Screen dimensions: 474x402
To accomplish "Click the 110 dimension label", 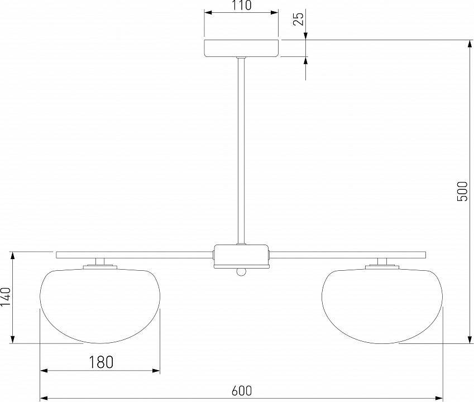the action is pos(242,6).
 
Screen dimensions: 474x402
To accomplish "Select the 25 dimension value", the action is pos(299,19).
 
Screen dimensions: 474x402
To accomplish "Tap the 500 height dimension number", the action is pos(462,192).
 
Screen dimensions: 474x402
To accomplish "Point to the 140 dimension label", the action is pos(6,297).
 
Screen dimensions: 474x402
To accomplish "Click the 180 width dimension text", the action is pos(101,362).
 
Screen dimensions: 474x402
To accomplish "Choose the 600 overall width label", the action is pos(242,391).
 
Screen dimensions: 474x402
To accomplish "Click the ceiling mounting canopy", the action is pos(241,49).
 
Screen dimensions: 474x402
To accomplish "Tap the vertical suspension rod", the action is pos(241,151).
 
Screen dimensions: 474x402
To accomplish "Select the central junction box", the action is pos(241,256).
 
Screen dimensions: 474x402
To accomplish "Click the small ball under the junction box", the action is pos(241,272).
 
